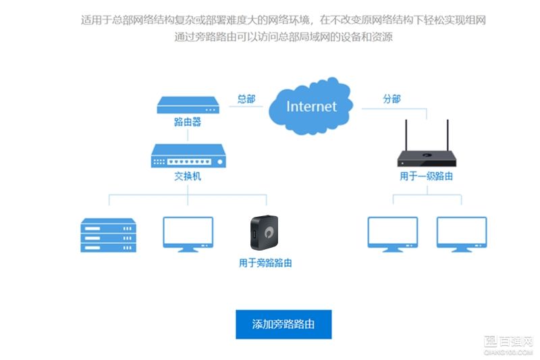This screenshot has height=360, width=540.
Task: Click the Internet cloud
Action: coord(311,107)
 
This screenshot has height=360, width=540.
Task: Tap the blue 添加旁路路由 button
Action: coord(283,325)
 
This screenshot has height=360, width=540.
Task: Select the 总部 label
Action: coord(246,99)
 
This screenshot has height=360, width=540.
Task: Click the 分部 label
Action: coord(391,99)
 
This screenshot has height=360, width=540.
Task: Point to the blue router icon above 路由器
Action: coord(188,105)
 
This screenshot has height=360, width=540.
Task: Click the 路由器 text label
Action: coord(188,124)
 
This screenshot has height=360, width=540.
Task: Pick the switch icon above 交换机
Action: coord(188,157)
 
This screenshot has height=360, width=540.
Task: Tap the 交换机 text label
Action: coord(188,177)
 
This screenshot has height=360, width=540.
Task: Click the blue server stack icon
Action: coord(108,234)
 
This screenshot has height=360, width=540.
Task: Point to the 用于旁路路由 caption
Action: coord(265,263)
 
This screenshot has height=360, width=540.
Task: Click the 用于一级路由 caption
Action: coord(425,176)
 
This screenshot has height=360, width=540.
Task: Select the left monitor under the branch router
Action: coord(391,234)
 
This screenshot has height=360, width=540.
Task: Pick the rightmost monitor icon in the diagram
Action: coord(461,234)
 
